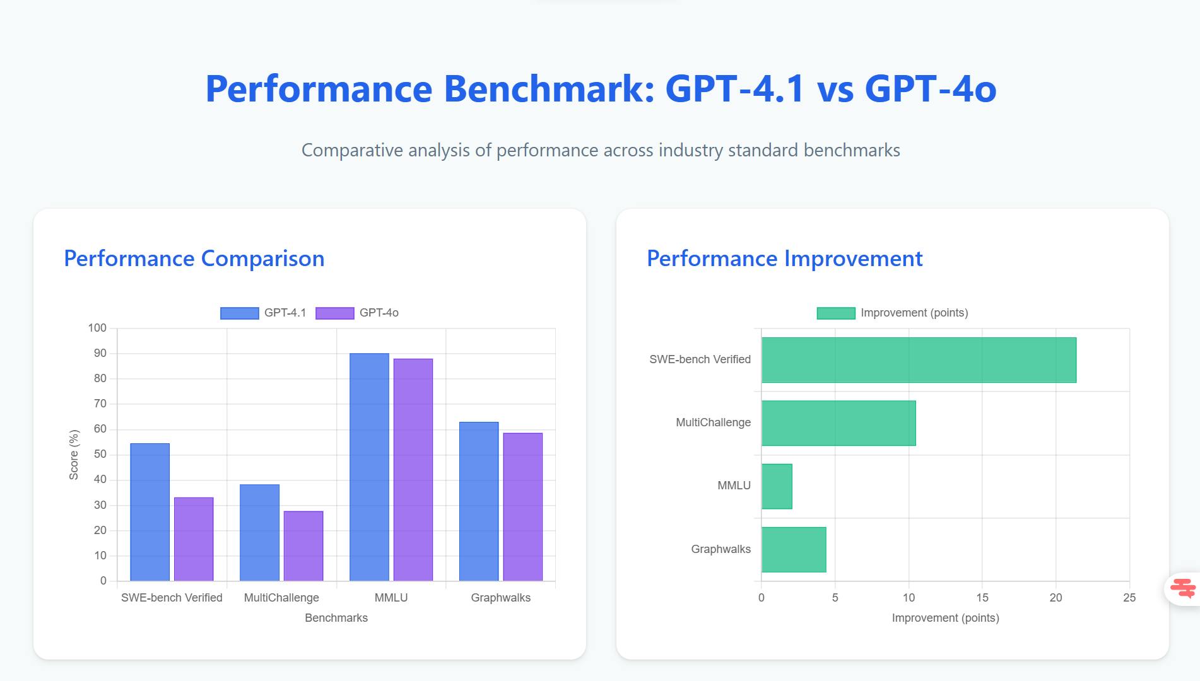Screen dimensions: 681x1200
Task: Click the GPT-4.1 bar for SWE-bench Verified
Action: point(150,512)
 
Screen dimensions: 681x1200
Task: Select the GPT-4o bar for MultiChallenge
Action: point(303,545)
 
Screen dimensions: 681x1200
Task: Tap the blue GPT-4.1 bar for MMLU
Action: point(369,467)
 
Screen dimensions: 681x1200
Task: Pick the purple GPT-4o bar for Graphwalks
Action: point(522,506)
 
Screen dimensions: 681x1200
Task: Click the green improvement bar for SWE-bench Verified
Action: point(919,360)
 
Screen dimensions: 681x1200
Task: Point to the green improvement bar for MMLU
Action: point(777,486)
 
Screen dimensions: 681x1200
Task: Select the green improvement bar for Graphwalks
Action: point(794,549)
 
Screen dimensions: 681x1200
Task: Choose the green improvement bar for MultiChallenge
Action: point(838,423)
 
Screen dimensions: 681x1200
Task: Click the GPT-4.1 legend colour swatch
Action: point(239,313)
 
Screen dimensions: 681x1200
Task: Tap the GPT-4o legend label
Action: point(379,313)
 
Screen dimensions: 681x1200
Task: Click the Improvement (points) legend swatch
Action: point(836,313)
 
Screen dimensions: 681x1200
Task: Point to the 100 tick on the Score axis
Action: point(97,328)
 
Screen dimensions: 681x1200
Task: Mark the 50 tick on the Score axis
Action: point(100,455)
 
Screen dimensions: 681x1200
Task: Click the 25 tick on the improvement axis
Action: point(1129,598)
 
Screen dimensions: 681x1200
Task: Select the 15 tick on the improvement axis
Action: point(982,598)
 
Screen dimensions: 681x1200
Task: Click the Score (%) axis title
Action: point(74,455)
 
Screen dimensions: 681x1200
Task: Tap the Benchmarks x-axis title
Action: point(336,618)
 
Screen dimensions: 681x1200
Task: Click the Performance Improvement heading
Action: point(784,259)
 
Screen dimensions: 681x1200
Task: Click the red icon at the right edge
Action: point(1182,588)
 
